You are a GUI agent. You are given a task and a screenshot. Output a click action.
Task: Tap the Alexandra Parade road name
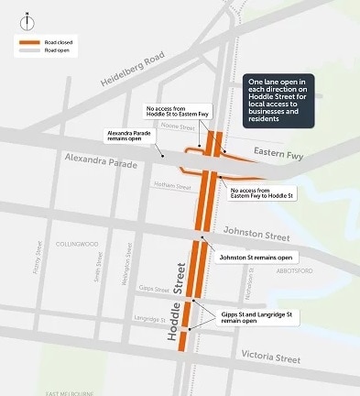[102, 161]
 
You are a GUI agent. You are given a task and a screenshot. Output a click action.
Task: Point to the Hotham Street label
[172, 187]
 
